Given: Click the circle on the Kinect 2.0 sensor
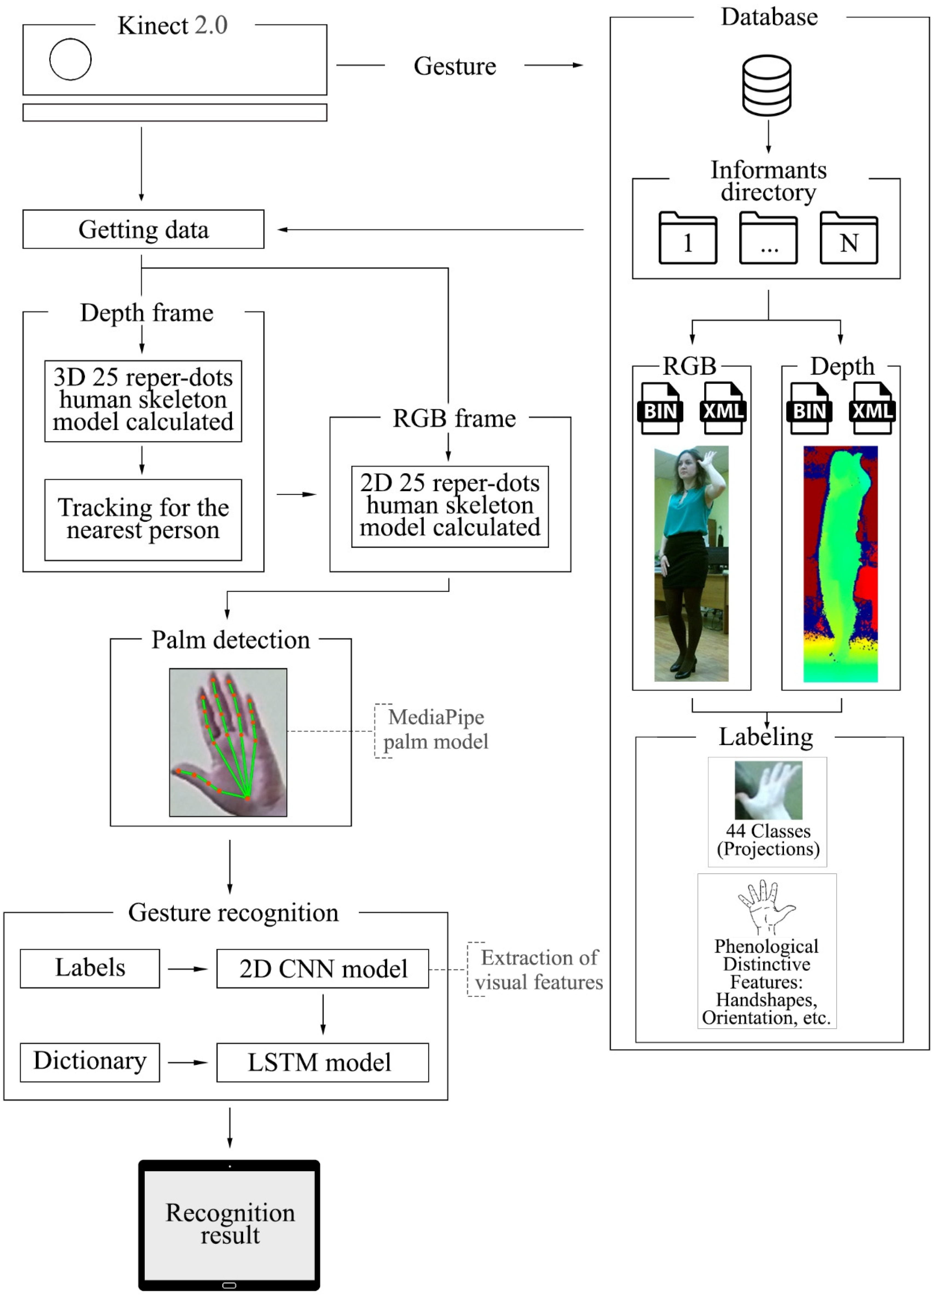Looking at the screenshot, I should point(70,59).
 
